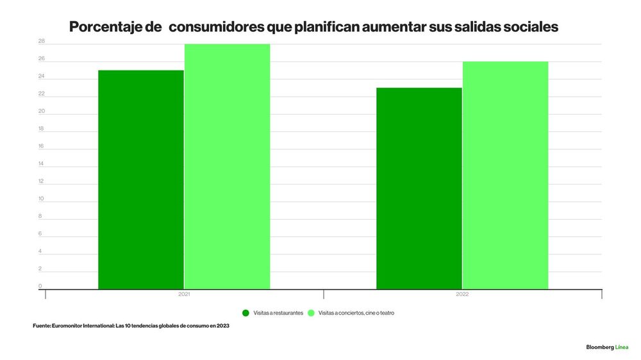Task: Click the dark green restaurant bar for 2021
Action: (x=141, y=180)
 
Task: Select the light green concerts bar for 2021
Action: (x=228, y=167)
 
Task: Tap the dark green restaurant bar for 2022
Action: (x=419, y=188)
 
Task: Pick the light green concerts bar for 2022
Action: (x=505, y=176)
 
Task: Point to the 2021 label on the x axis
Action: (x=184, y=294)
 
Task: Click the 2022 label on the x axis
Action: (x=462, y=294)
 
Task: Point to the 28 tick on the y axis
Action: (x=41, y=41)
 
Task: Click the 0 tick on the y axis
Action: (x=40, y=286)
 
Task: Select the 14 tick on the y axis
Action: (x=41, y=163)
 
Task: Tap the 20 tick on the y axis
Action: (x=41, y=111)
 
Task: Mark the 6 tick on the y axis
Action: (x=40, y=234)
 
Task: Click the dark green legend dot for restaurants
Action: (x=246, y=313)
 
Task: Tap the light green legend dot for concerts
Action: (x=311, y=313)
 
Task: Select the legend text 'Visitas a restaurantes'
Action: (x=278, y=313)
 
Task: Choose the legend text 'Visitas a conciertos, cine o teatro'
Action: (x=356, y=313)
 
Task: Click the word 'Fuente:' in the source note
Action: (x=42, y=325)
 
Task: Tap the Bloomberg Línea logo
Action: (x=607, y=347)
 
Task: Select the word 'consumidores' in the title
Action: (x=216, y=27)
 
